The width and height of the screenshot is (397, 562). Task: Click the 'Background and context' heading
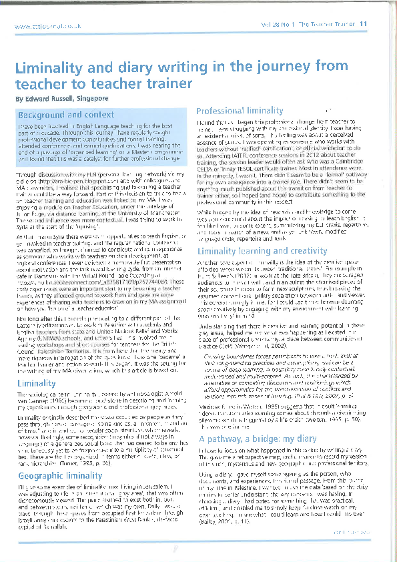66,115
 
